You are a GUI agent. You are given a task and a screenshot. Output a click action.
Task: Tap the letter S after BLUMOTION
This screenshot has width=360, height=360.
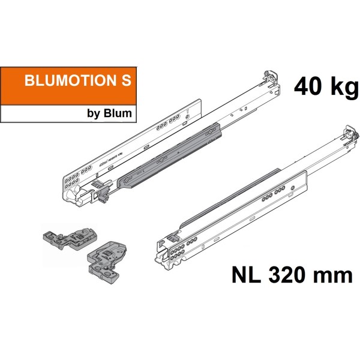tap(125, 83)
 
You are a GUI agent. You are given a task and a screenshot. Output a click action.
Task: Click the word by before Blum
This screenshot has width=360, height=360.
tap(96, 113)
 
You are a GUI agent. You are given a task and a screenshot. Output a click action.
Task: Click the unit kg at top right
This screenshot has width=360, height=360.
tap(341, 89)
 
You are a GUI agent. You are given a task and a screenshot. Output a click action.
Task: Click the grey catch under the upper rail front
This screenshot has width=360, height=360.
tap(101, 188)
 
